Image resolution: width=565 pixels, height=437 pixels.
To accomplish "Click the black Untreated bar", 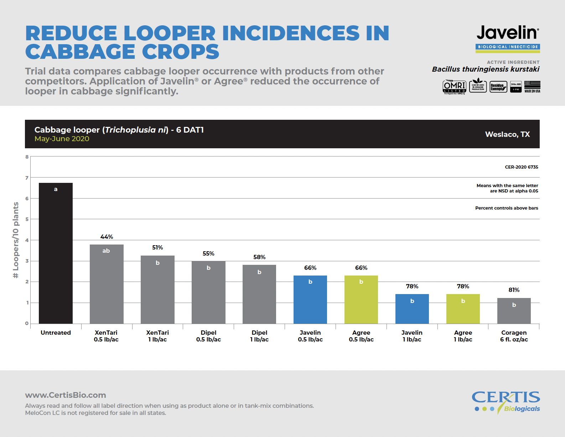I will (x=56, y=253).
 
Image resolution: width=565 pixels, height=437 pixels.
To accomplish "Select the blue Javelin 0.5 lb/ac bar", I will (x=310, y=299).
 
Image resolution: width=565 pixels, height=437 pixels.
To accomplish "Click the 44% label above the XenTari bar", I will (x=107, y=237).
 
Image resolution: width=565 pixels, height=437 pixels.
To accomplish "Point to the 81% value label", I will (x=514, y=290).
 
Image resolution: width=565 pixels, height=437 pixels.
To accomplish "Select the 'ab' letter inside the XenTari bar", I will (x=106, y=251).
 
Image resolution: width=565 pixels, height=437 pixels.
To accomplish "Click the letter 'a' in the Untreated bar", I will (x=56, y=189).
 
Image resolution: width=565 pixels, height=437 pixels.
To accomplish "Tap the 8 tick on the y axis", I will (x=27, y=157).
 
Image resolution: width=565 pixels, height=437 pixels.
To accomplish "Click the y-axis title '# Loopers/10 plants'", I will (x=16, y=240).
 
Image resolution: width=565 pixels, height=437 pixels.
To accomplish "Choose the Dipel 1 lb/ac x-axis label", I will (x=259, y=336).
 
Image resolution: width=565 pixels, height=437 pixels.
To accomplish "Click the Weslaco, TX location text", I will (x=507, y=134).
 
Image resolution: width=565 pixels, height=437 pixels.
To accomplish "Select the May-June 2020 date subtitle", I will (x=62, y=139).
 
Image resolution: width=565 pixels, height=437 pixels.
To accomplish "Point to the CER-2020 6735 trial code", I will (x=521, y=167).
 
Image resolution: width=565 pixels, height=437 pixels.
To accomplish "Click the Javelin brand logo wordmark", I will (x=508, y=33).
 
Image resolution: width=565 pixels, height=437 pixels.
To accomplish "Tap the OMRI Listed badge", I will (x=454, y=87).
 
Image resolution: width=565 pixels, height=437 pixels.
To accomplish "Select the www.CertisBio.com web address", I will (x=66, y=395).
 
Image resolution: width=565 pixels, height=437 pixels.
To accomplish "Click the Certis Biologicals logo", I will (x=506, y=401).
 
